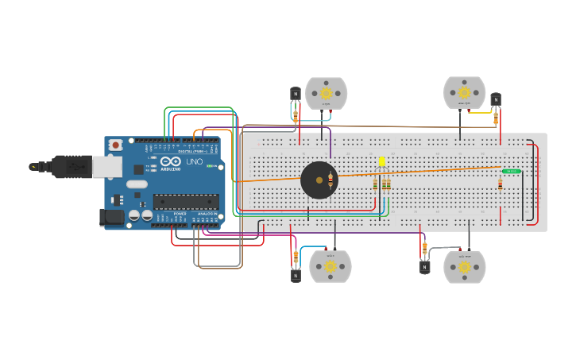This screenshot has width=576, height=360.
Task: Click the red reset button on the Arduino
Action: (x=116, y=145)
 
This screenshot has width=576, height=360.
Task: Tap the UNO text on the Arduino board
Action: (x=194, y=162)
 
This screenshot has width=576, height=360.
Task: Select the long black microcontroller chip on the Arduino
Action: (x=185, y=202)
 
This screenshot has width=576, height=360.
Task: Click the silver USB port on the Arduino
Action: (x=106, y=166)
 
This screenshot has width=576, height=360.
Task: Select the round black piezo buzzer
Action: (x=319, y=180)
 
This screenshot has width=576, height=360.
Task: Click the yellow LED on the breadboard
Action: (x=382, y=162)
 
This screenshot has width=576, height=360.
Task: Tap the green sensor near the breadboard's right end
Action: (x=511, y=171)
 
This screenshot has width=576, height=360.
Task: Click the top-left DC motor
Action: (x=327, y=93)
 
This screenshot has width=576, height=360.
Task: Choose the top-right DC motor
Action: (x=464, y=92)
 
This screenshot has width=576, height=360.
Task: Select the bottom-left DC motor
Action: (x=330, y=266)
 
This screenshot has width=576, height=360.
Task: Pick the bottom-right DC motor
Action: (x=464, y=266)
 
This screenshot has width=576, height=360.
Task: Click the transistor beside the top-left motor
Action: (x=296, y=94)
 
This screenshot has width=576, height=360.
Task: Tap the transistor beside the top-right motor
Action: (x=496, y=99)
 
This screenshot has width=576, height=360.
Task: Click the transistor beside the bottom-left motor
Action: (x=296, y=275)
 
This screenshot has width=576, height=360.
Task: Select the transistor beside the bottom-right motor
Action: (x=424, y=267)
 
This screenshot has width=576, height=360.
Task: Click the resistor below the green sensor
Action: (x=500, y=184)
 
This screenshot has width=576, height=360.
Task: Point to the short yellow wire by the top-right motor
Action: (x=480, y=112)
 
